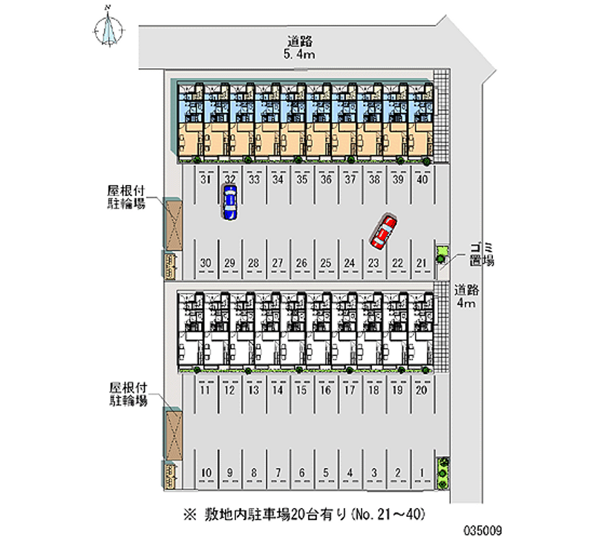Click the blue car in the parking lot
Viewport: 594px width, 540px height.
(230, 202)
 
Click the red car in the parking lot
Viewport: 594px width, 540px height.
(384, 231)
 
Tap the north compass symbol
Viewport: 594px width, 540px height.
(109, 27)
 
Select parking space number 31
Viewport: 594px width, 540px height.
(206, 179)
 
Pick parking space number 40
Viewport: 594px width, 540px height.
(422, 179)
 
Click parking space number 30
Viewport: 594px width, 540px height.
(206, 262)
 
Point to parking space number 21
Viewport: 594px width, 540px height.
(421, 262)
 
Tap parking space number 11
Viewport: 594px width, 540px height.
(206, 390)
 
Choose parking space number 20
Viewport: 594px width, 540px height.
(421, 390)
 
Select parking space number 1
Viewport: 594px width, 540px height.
(421, 472)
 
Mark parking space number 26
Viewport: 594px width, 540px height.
(301, 262)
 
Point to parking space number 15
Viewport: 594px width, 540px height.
(301, 390)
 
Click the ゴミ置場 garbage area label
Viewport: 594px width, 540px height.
(482, 254)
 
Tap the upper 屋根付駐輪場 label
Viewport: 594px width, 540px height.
(125, 198)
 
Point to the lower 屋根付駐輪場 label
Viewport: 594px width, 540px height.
(127, 394)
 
